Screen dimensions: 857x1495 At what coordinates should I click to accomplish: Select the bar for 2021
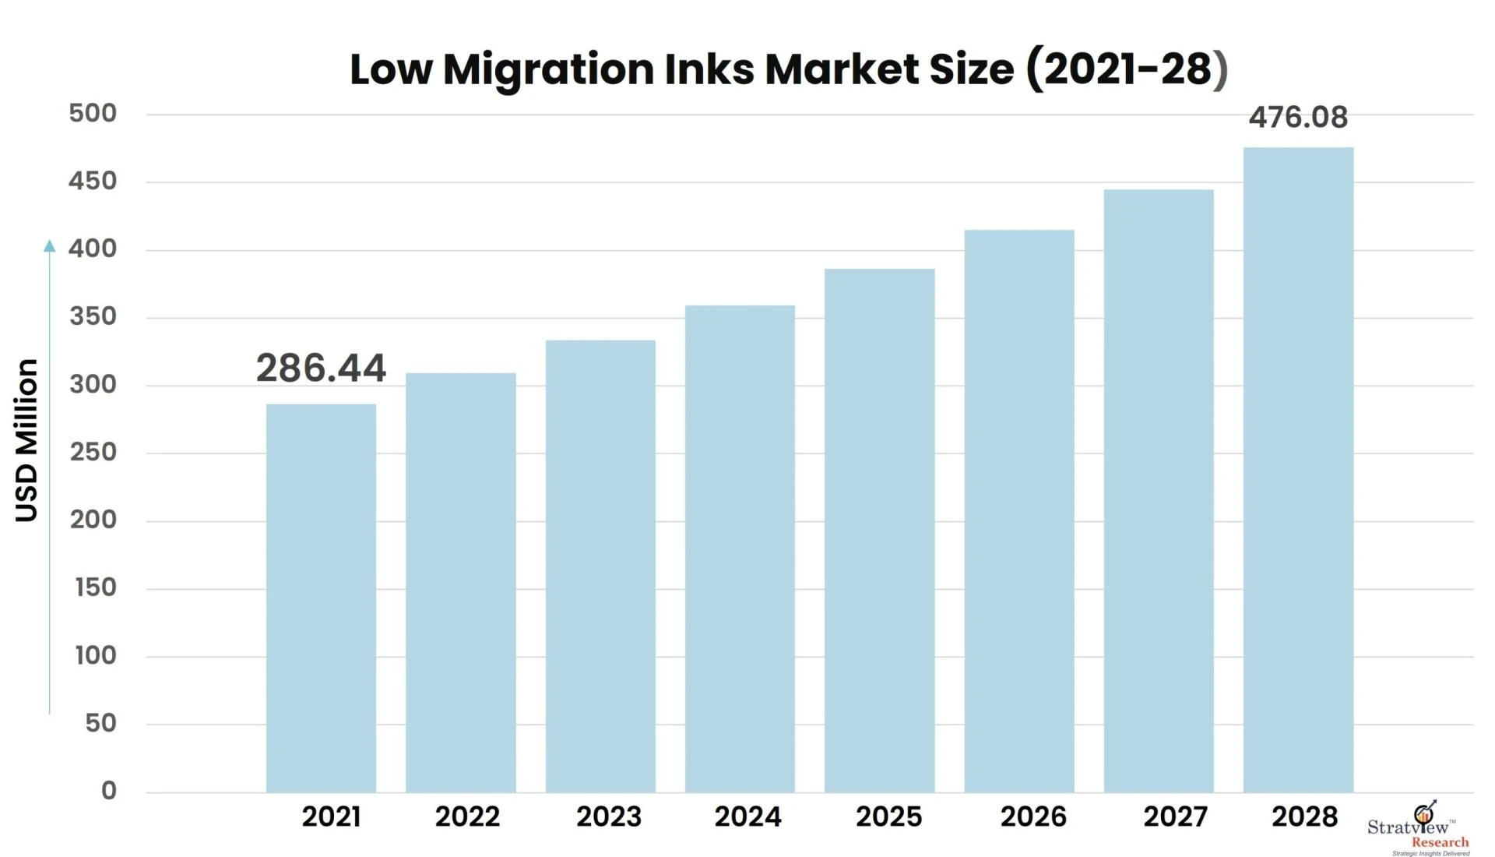click(321, 598)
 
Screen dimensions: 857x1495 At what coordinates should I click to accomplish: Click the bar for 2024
click(740, 548)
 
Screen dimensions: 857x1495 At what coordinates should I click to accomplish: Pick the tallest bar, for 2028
click(1298, 469)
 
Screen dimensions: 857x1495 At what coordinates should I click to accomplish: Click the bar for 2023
click(600, 566)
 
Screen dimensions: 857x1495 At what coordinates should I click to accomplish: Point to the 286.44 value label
click(321, 368)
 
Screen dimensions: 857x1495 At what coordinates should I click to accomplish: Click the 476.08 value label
click(1298, 118)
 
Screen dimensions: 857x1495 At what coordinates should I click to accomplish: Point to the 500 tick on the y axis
click(93, 114)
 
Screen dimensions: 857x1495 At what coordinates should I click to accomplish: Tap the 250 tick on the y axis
click(93, 453)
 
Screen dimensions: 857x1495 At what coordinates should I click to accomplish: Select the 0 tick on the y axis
click(109, 791)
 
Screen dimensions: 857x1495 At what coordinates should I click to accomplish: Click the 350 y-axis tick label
click(93, 317)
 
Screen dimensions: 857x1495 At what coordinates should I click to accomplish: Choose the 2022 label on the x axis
click(467, 816)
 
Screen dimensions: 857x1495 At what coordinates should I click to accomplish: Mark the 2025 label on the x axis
click(888, 816)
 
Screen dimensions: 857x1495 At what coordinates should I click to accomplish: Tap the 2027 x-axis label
click(1175, 816)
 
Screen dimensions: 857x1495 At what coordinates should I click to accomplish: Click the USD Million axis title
click(27, 440)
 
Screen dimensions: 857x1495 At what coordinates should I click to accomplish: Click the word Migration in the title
click(549, 69)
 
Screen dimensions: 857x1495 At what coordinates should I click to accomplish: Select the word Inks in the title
click(709, 69)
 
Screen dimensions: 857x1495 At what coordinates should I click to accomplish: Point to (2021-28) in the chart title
click(1127, 69)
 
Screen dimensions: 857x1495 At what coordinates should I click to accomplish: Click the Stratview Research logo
click(1419, 830)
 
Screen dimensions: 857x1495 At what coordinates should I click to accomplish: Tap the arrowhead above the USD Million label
click(50, 246)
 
